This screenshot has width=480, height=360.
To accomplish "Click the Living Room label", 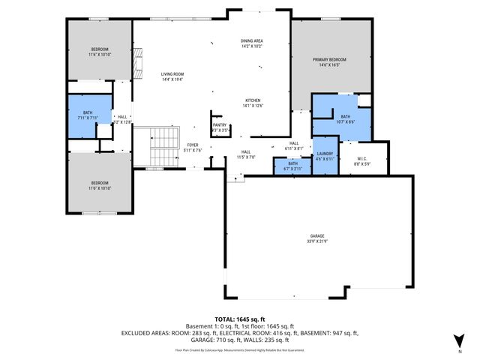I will (172, 74).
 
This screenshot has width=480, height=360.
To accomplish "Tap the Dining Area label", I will (251, 40).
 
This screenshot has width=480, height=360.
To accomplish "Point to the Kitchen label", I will (253, 100).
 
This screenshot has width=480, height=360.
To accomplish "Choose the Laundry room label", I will (324, 154).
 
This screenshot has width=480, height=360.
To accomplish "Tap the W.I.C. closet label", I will (361, 157).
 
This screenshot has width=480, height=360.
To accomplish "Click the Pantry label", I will (219, 125).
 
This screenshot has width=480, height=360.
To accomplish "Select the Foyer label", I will (193, 146).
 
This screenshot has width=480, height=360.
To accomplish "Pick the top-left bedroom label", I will (100, 49).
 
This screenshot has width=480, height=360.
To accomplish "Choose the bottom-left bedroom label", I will (100, 183).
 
